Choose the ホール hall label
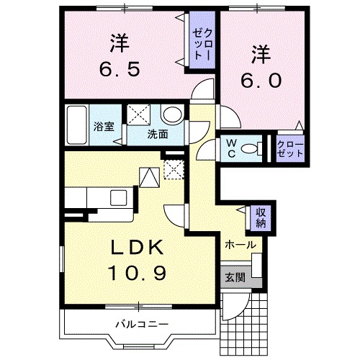tap(239, 245)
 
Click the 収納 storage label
tap(261, 217)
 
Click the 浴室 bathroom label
tap(103, 127)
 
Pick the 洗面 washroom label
tap(158, 134)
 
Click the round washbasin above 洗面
tap(171, 115)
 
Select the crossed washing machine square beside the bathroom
tap(138, 115)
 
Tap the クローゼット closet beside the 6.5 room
tap(201, 43)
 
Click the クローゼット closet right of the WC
tap(290, 148)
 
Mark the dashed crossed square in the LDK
tap(173, 169)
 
